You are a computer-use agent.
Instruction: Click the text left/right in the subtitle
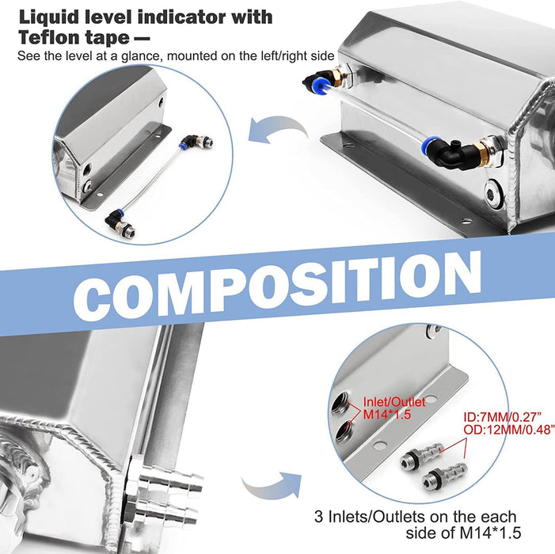click(291, 56)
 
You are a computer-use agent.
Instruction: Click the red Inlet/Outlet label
click(394, 402)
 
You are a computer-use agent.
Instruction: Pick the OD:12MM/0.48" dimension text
click(507, 429)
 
